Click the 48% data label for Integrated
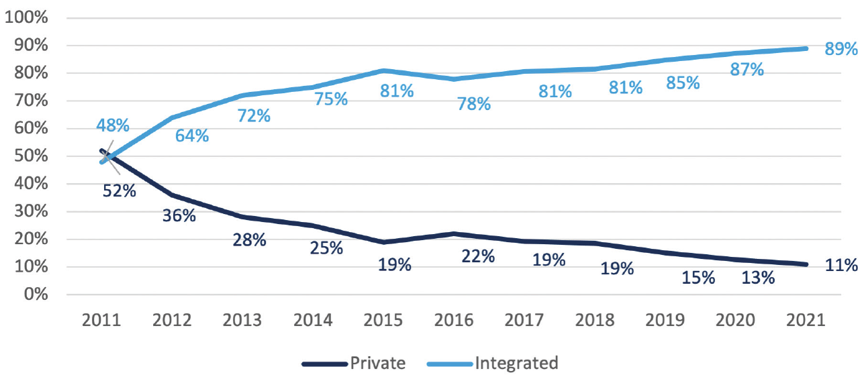tap(113, 125)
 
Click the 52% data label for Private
tap(120, 190)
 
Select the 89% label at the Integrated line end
tap(841, 49)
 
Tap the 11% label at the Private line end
tap(841, 265)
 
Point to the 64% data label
tap(192, 135)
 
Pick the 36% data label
tap(179, 216)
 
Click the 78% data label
tap(474, 104)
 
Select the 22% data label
tap(478, 256)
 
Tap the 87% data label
tap(747, 69)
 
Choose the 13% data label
tap(758, 277)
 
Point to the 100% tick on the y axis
tap(26, 17)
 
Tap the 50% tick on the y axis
tap(30, 156)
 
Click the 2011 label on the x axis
tap(101, 321)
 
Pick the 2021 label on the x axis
tap(806, 321)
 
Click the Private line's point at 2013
tap(242, 217)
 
